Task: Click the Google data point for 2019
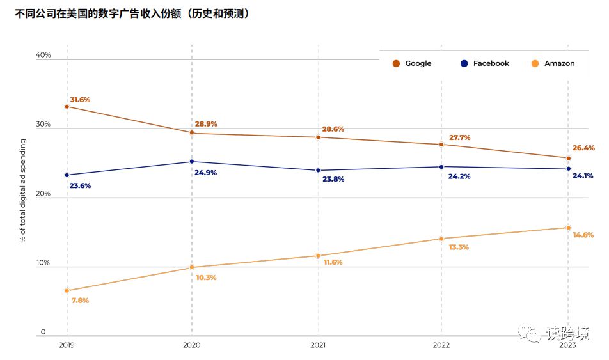67,107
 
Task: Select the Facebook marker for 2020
192,162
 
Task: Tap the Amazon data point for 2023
568,228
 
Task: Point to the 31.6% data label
80,100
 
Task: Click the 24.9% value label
205,173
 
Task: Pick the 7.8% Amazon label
80,300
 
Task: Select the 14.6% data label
583,235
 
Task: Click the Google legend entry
412,63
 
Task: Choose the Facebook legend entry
485,63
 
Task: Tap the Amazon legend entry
553,63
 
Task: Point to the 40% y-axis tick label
43,55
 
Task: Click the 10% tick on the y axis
43,263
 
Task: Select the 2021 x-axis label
318,345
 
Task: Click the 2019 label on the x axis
67,345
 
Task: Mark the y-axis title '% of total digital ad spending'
22,191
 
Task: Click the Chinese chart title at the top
132,13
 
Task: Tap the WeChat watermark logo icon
530,333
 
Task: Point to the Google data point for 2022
441,145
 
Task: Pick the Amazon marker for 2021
318,256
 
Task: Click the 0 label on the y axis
43,332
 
